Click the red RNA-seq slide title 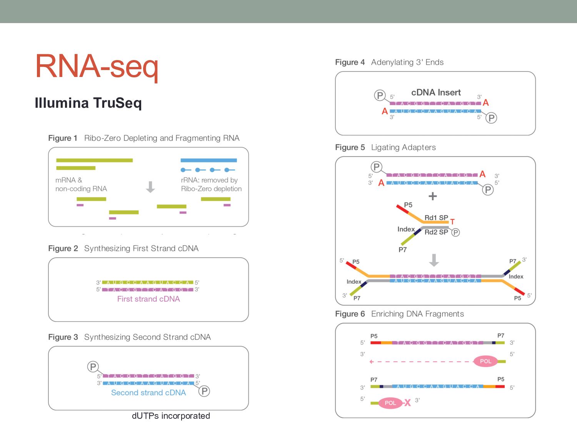coord(97,66)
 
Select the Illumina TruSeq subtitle coord(88,103)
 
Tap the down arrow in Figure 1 coord(150,187)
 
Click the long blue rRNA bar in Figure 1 coord(208,160)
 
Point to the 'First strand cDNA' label coord(148,299)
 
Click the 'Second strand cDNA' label coord(148,393)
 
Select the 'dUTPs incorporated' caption coord(171,416)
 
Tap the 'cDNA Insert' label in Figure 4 coord(436,92)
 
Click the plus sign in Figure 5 coord(433,196)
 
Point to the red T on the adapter coord(452,222)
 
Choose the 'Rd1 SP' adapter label coord(436,217)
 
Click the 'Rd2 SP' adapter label coord(436,232)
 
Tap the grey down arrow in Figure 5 coord(434,260)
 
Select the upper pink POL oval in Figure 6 coord(485,361)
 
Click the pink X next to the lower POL coord(407,403)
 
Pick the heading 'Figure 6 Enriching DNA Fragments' coord(399,314)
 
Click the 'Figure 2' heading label coord(63,249)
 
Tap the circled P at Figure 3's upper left coord(93,366)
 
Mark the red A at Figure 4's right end coord(485,103)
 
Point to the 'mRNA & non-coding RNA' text coord(81,184)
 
